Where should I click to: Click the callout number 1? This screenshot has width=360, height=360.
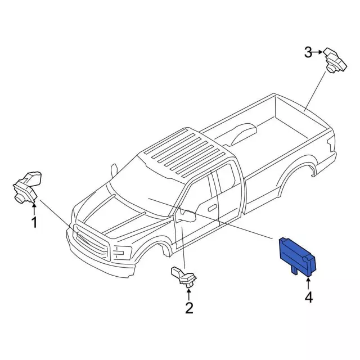tap(34, 223)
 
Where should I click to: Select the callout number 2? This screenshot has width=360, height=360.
tap(189, 308)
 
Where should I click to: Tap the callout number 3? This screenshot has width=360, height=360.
tap(308, 52)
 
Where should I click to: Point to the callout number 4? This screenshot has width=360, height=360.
tap(309, 298)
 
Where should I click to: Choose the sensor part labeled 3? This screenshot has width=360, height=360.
tap(335, 61)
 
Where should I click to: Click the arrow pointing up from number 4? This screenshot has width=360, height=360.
tap(308, 282)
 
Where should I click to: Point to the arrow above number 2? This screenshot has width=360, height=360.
tap(189, 294)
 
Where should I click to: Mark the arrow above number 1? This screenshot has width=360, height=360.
tap(34, 209)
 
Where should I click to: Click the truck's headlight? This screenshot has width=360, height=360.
tap(121, 253)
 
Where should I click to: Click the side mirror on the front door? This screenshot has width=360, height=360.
tap(189, 216)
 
